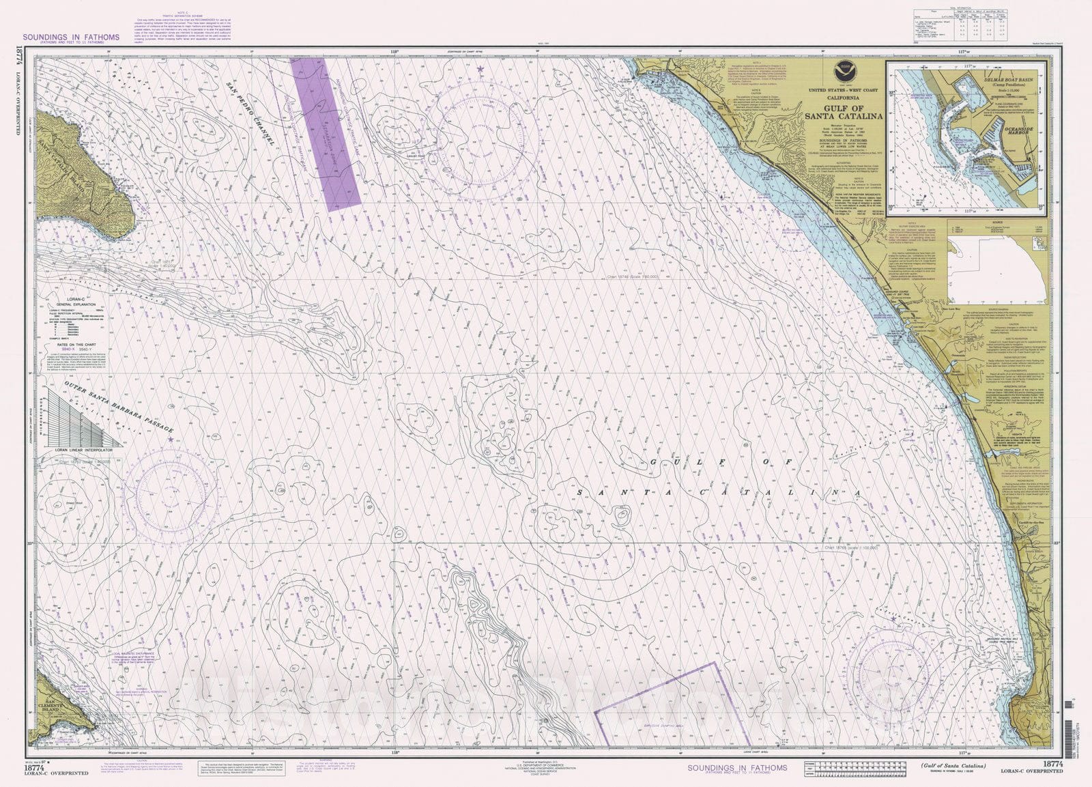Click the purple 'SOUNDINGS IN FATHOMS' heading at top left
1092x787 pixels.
click(71, 38)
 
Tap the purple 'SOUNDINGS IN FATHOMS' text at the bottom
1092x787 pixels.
click(736, 768)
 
